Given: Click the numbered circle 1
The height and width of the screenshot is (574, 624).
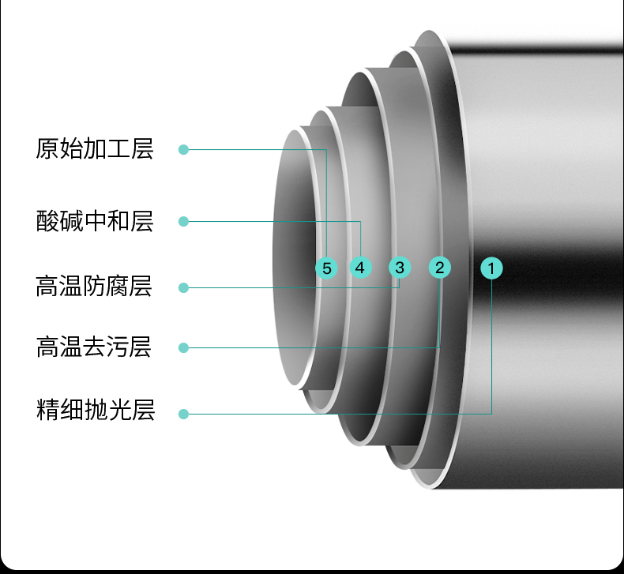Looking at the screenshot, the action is click(x=491, y=268).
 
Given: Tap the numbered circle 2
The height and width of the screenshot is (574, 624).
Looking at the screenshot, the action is click(x=440, y=267).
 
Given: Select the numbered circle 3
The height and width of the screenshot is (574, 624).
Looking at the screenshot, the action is click(x=400, y=268).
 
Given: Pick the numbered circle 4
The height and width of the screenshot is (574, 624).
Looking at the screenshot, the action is click(x=360, y=268).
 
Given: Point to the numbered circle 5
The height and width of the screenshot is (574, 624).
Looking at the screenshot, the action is click(x=326, y=268).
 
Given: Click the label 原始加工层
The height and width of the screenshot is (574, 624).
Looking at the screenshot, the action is click(x=95, y=149).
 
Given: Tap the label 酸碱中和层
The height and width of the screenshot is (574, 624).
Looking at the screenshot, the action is click(x=95, y=221).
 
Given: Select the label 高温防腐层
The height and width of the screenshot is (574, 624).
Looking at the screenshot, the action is click(x=95, y=286).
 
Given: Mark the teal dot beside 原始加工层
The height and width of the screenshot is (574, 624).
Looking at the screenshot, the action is click(x=183, y=149).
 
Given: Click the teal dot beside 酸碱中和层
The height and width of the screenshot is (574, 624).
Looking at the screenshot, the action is click(x=183, y=221).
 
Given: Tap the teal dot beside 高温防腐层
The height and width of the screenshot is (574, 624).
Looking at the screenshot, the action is click(x=183, y=287).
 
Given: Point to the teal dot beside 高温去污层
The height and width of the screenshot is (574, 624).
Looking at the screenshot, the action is click(x=183, y=347).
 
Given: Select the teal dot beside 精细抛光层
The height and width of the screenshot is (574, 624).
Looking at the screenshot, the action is click(x=183, y=414).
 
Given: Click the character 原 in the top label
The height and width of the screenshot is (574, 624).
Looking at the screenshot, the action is click(x=47, y=149).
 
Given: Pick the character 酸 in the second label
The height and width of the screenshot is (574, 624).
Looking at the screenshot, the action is click(x=47, y=221).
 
